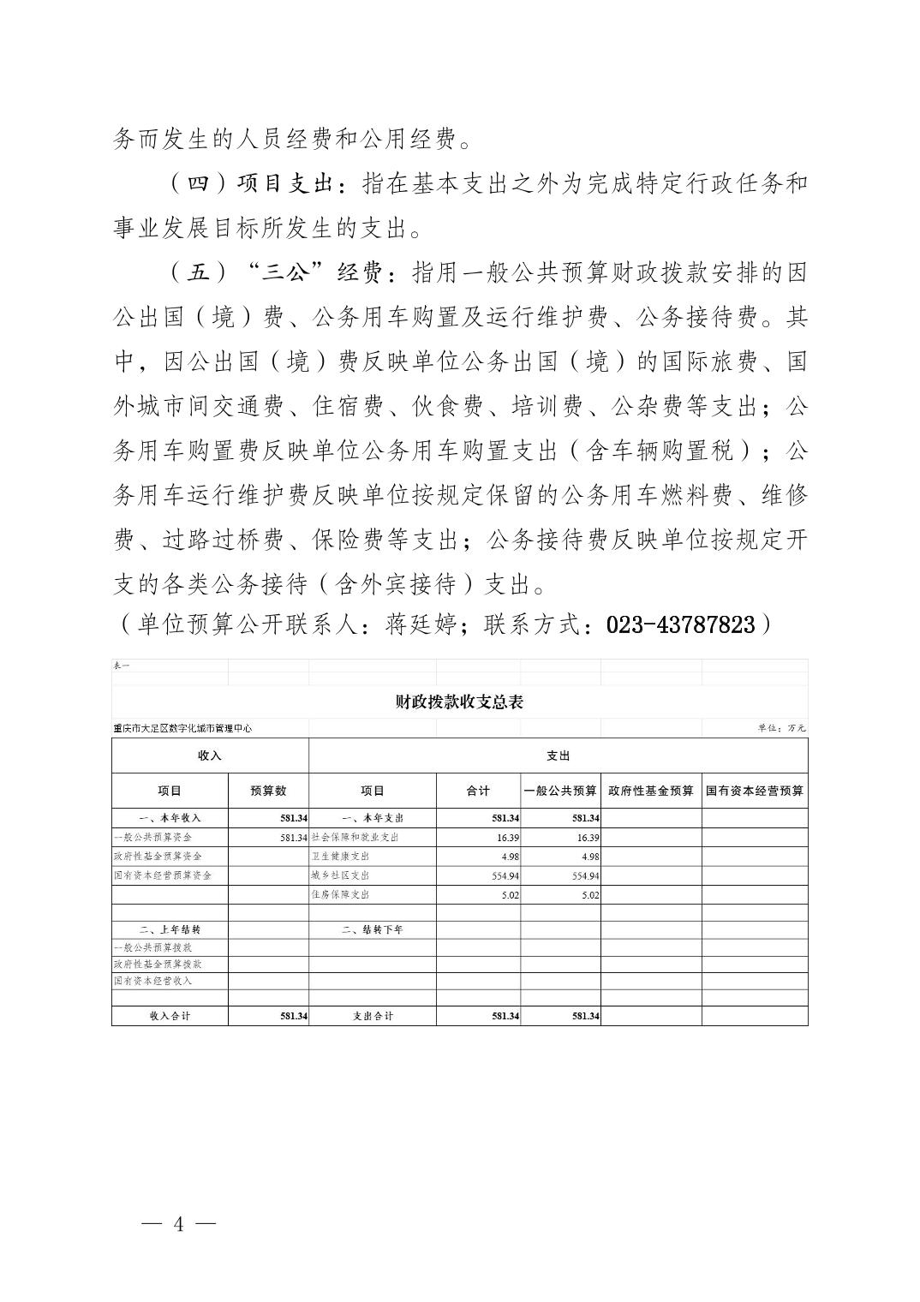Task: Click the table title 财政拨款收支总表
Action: click(x=459, y=702)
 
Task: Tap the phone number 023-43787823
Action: click(x=681, y=624)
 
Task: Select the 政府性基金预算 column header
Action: click(x=651, y=791)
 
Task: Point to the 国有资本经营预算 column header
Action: click(x=755, y=791)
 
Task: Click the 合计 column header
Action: click(x=478, y=791)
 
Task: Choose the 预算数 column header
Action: click(x=268, y=791)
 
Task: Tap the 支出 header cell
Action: click(x=558, y=756)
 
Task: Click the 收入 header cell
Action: click(x=210, y=756)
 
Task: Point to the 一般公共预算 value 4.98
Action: click(x=589, y=857)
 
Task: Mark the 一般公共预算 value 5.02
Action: click(x=589, y=894)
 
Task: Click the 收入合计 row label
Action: click(x=170, y=1016)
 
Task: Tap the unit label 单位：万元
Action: click(x=781, y=728)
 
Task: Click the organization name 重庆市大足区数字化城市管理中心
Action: click(x=182, y=728)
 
